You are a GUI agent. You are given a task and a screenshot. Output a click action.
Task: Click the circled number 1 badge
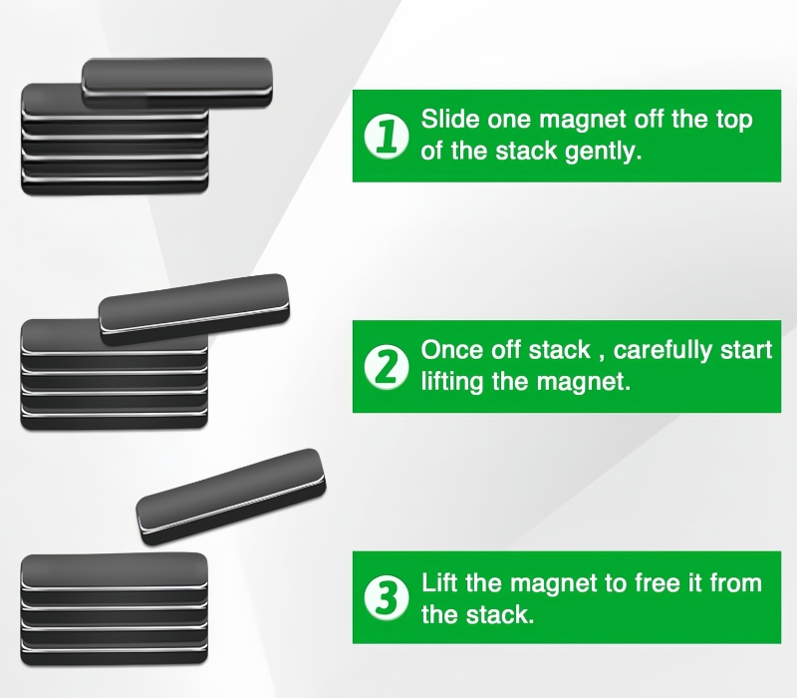tap(387, 136)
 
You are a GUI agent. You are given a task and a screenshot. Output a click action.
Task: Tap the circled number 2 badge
tap(387, 367)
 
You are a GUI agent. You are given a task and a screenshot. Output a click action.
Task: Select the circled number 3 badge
tap(387, 597)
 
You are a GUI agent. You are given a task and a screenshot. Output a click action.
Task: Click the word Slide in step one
tap(450, 119)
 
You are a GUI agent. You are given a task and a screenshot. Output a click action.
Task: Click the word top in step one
tap(734, 120)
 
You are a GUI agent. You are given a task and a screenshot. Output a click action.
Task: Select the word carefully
tap(663, 351)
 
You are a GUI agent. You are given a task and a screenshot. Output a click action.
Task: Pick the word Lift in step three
tap(439, 582)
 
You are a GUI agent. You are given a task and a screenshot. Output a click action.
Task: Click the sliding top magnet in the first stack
tap(177, 83)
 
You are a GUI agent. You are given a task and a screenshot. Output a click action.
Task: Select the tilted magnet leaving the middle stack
tap(194, 309)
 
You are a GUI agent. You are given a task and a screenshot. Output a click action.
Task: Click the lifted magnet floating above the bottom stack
tap(231, 497)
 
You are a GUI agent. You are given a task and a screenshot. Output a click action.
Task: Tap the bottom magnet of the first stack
tap(115, 185)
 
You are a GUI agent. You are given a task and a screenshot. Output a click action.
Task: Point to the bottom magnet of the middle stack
tap(115, 419)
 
